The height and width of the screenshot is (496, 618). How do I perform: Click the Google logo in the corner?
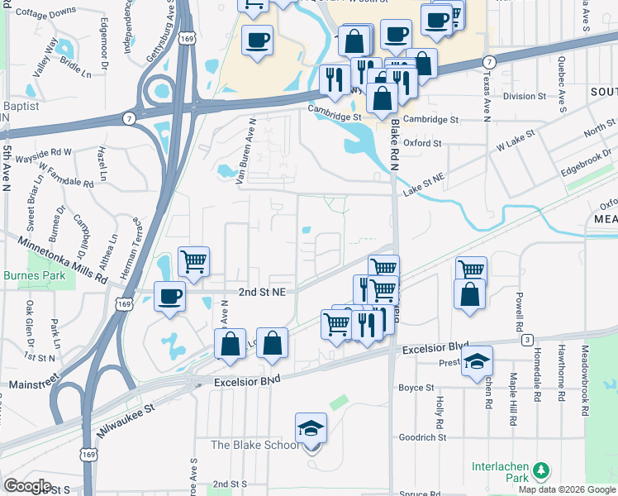[x=27, y=486]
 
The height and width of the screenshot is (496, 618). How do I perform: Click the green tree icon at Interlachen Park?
[x=542, y=470]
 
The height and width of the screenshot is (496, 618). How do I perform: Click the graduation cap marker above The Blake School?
[x=311, y=428]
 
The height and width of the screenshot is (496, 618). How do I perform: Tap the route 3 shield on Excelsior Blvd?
[x=525, y=340]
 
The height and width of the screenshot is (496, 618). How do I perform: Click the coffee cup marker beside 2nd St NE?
[x=171, y=297]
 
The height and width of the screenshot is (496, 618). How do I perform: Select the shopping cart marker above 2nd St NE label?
[x=193, y=262]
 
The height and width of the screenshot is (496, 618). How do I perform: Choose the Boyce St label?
[x=416, y=387]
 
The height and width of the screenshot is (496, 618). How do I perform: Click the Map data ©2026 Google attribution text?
[x=566, y=489]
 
